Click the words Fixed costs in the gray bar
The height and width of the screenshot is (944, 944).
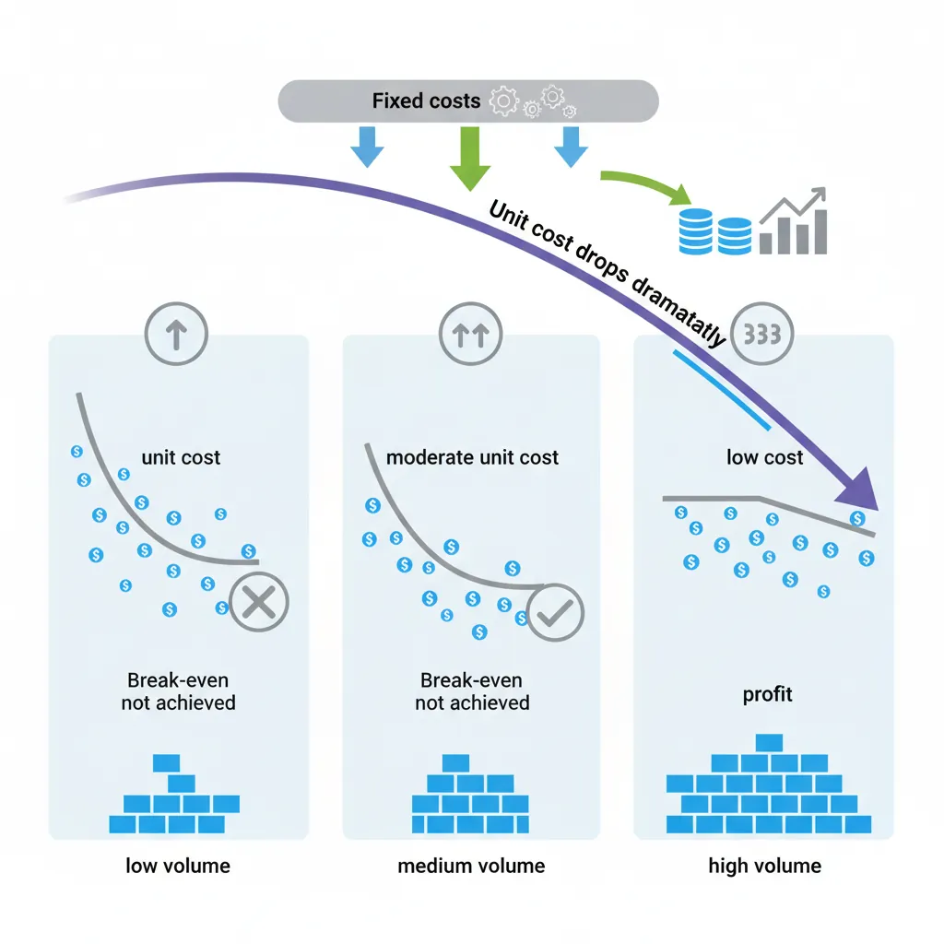426,100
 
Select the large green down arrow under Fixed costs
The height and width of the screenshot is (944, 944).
467,158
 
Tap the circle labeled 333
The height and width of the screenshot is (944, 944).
761,335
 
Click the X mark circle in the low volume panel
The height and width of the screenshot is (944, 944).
258,602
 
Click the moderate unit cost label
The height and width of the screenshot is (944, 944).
472,457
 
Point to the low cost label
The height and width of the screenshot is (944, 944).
764,457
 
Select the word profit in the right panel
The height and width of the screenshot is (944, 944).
767,693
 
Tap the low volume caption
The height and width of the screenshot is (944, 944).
178,866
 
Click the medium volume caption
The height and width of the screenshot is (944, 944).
471,866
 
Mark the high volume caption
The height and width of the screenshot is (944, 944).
764,866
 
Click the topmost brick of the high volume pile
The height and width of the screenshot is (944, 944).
768,743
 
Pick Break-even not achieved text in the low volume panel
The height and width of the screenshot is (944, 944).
178,691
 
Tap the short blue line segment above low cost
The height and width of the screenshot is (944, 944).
722,390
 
